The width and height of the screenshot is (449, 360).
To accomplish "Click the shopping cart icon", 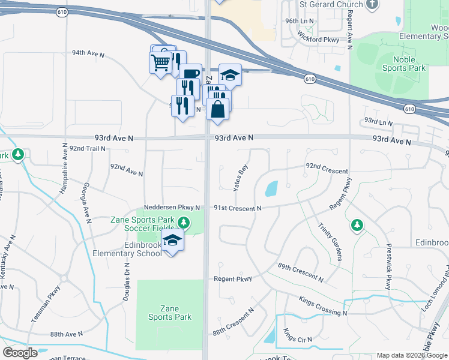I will (160, 62).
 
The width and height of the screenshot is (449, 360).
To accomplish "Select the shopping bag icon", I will (217, 109).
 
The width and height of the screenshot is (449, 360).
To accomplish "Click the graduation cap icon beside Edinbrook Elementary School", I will (172, 241).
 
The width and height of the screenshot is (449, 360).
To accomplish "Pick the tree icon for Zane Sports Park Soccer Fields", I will (184, 224).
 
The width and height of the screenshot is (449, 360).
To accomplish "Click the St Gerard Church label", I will (331, 5).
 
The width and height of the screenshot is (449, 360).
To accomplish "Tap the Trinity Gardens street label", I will (330, 239).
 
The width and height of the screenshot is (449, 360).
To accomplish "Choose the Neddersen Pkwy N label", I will (172, 208).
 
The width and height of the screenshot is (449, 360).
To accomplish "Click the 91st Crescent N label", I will (238, 208).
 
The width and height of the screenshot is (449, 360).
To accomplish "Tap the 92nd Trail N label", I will (87, 148).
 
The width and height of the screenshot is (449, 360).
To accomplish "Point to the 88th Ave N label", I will (66, 334).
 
